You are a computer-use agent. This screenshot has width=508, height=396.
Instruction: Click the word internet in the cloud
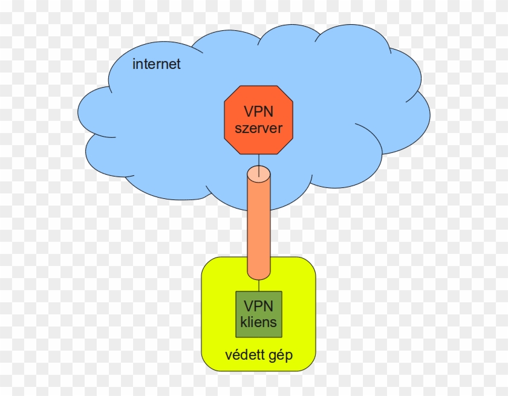(x=157, y=64)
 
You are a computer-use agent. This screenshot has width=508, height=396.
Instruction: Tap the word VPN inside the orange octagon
(x=259, y=112)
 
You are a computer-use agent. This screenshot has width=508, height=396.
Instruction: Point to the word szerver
(x=259, y=128)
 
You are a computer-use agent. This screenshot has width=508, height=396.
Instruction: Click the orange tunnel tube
(x=259, y=224)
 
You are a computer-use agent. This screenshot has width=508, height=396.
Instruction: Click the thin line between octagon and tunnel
(x=259, y=160)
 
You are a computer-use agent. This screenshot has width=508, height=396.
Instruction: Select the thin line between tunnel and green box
(x=259, y=286)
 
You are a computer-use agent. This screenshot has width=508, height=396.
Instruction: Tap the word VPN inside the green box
(x=259, y=306)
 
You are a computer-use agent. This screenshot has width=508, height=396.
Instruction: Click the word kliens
(x=259, y=322)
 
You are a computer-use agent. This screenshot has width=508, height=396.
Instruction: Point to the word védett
(x=242, y=355)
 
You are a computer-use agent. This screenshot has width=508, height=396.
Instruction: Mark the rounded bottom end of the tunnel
(x=259, y=275)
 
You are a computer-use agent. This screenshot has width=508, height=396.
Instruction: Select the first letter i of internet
(x=134, y=63)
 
